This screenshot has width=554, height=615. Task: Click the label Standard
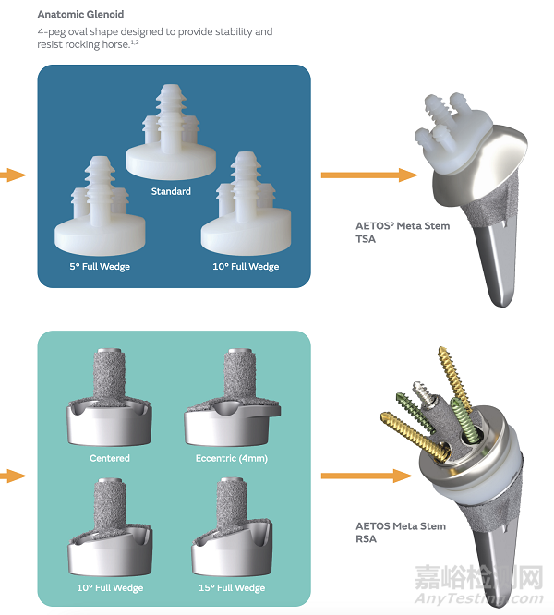click(x=171, y=191)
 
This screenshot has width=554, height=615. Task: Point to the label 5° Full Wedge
click(x=101, y=267)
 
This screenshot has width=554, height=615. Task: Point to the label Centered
click(x=110, y=458)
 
